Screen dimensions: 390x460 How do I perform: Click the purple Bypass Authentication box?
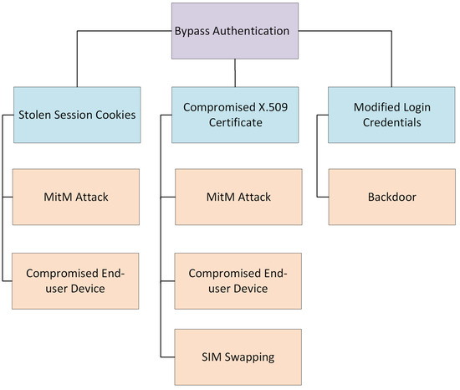234,32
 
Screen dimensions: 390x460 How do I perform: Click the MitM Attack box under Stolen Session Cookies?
76,197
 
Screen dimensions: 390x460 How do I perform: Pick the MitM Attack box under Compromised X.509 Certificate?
234,197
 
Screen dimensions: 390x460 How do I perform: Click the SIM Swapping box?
234,357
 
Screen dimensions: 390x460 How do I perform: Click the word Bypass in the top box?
193,32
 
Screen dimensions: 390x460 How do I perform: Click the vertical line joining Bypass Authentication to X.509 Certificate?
234,73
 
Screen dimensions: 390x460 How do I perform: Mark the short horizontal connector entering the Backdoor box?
322,198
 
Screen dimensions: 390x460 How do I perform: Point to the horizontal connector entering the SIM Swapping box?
166,357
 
